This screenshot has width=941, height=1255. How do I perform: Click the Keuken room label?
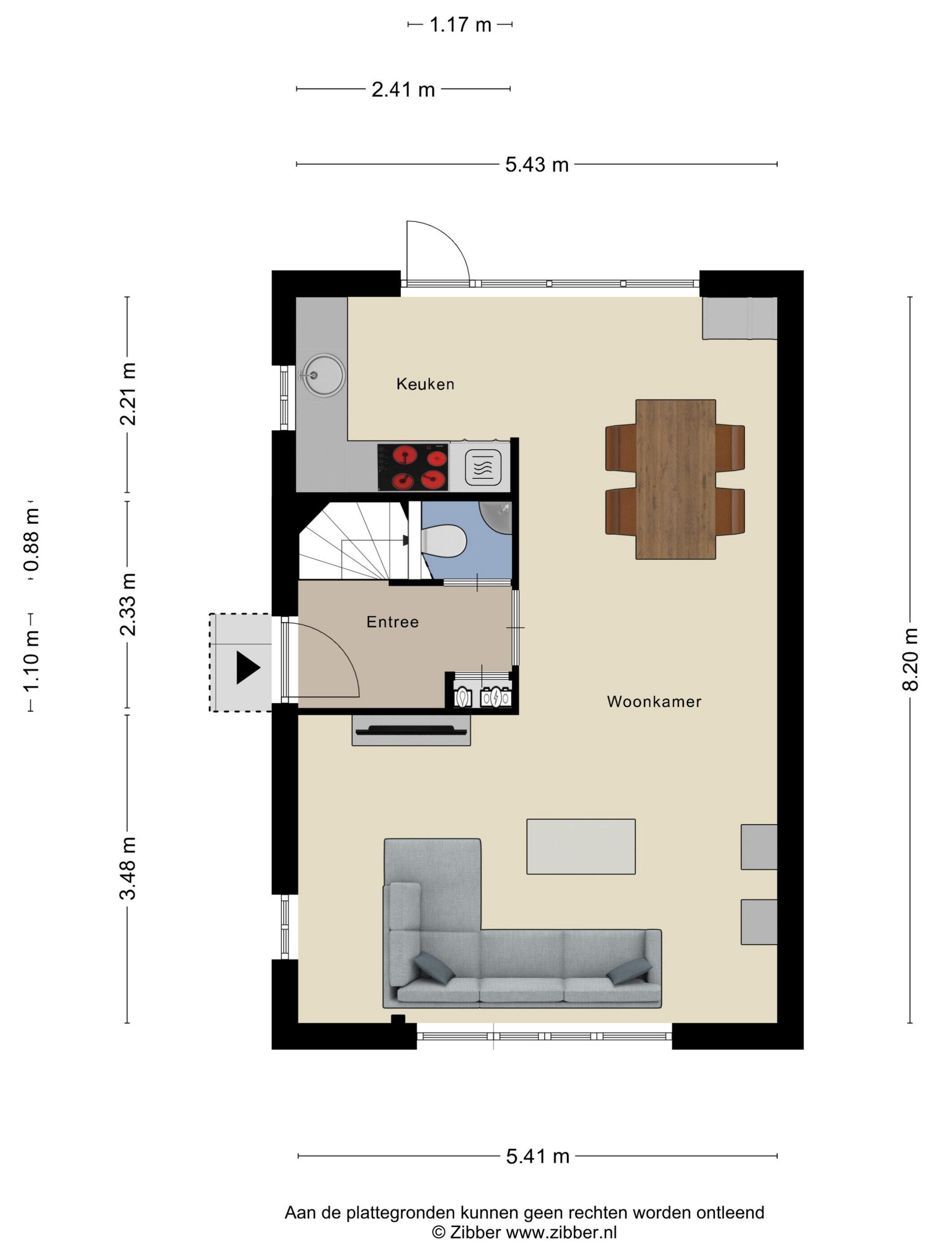425,384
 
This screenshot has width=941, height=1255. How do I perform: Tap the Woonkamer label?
654,702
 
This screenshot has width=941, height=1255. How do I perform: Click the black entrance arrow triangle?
248,668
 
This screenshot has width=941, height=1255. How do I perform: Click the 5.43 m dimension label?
536,164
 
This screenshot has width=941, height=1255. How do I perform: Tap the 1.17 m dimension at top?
460,25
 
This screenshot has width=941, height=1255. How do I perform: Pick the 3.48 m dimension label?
128,868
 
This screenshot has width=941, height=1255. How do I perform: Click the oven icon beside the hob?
483,467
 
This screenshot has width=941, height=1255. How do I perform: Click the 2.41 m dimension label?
403,90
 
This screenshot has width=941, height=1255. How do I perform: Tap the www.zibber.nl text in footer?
561,1232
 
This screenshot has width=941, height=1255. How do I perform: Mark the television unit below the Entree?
411,730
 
